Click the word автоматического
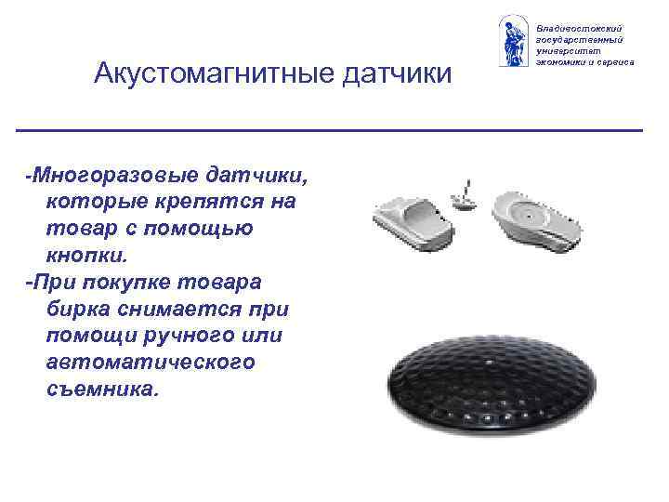[x=150, y=362]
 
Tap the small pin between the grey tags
[x=462, y=197]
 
